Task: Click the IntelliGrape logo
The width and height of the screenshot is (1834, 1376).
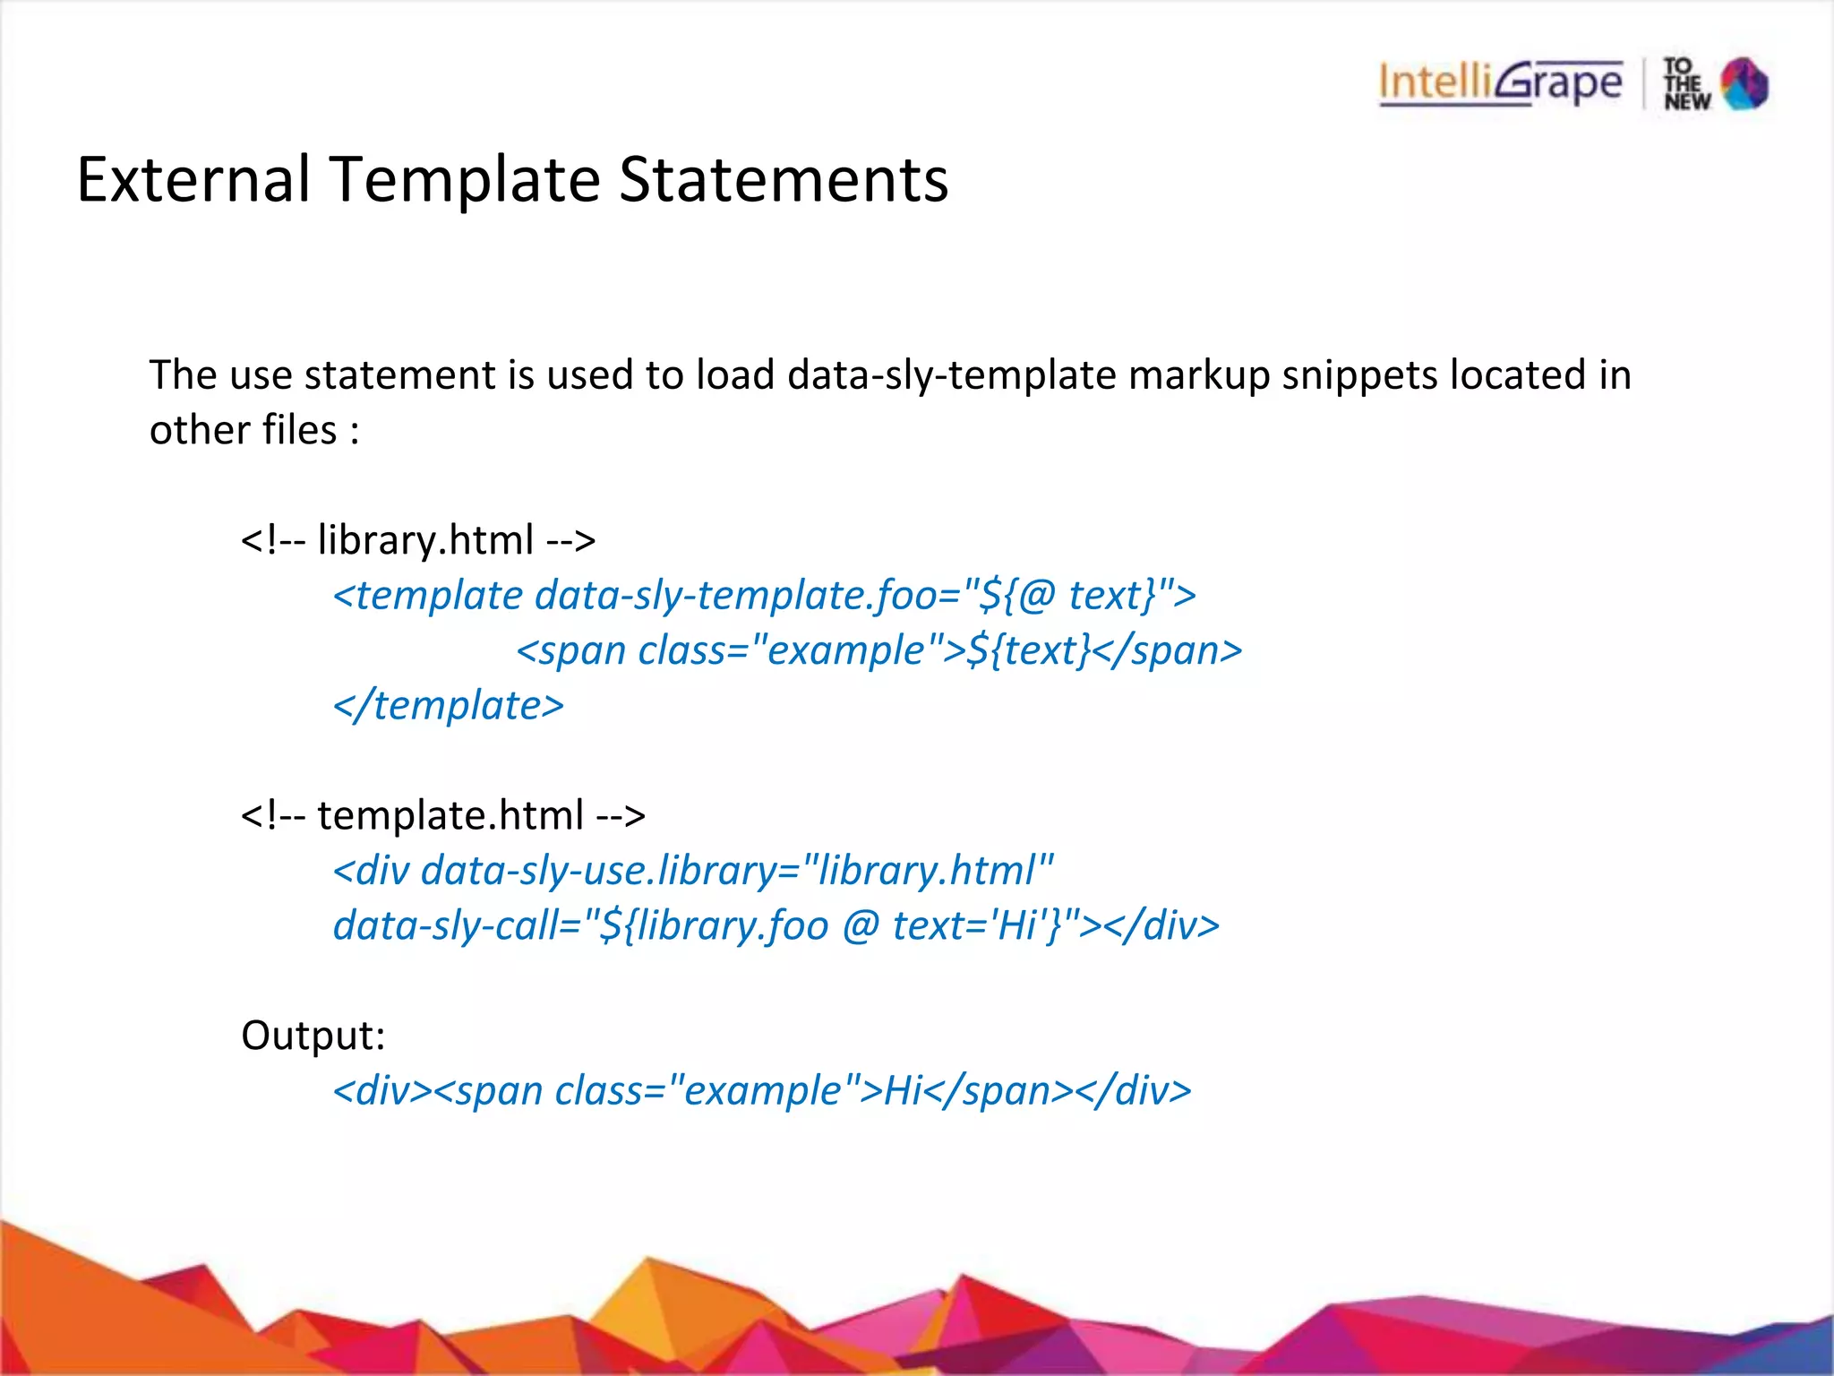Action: coord(1500,83)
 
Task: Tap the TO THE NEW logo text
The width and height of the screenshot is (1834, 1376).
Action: coord(1686,84)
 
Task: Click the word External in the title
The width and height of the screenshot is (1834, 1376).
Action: coord(193,179)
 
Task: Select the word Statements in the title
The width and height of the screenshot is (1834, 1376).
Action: coord(783,179)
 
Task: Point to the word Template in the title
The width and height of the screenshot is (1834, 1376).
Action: coord(466,179)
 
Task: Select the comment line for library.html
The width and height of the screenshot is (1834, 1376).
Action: coord(418,540)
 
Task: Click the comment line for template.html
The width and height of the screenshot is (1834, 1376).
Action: coord(443,815)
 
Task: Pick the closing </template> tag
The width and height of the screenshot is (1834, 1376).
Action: coord(449,705)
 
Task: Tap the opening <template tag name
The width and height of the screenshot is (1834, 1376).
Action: coord(428,596)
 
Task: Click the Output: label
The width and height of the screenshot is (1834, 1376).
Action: coord(313,1036)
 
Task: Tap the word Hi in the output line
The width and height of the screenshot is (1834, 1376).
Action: coord(903,1091)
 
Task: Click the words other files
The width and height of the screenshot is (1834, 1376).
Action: coord(243,430)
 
